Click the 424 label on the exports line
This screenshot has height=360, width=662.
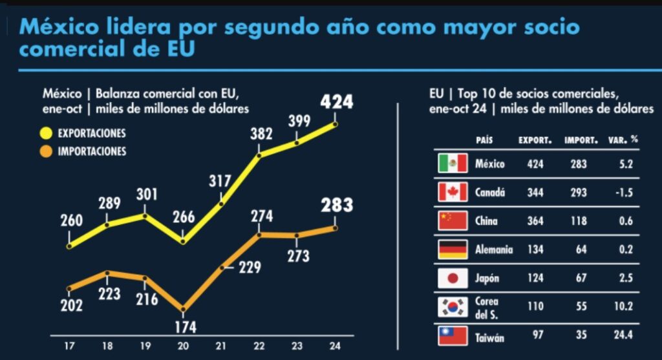336,102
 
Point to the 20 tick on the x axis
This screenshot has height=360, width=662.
183,345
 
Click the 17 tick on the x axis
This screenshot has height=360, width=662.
68,345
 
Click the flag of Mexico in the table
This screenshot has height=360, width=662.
453,164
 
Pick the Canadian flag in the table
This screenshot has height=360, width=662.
453,192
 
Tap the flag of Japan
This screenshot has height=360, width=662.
453,278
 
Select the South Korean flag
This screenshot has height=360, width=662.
453,307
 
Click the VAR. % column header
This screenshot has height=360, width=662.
623,140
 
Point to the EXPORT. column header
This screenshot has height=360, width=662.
535,140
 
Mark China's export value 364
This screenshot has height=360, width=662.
535,221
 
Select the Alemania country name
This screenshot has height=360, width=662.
493,249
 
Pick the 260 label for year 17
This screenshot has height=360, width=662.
71,220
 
